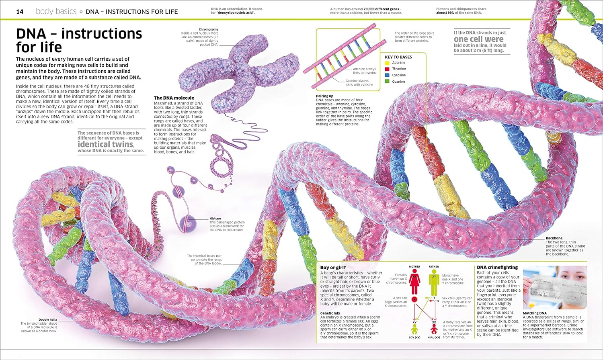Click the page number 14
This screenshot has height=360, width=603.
click(x=20, y=12)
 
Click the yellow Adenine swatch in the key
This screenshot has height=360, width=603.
click(x=387, y=63)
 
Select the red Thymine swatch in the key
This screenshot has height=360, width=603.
click(x=387, y=69)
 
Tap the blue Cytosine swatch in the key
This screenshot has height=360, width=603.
click(x=387, y=75)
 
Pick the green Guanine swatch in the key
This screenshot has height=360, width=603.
click(x=387, y=82)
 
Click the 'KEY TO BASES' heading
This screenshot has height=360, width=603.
click(x=398, y=57)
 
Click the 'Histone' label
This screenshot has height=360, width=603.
click(x=215, y=219)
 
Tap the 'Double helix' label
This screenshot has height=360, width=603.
click(x=48, y=320)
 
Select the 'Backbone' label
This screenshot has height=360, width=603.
click(x=554, y=238)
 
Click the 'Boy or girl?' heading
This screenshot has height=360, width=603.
click(x=333, y=268)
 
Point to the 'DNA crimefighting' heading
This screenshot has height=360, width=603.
click(x=497, y=268)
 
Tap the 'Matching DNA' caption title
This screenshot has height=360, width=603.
click(x=535, y=313)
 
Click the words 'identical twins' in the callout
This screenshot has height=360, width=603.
click(x=105, y=144)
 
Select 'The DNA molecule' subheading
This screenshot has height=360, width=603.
click(x=174, y=98)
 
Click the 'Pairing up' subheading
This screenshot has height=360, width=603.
click(x=324, y=96)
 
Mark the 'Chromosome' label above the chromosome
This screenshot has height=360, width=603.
click(x=209, y=29)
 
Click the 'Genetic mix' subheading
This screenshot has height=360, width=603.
click(x=330, y=313)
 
